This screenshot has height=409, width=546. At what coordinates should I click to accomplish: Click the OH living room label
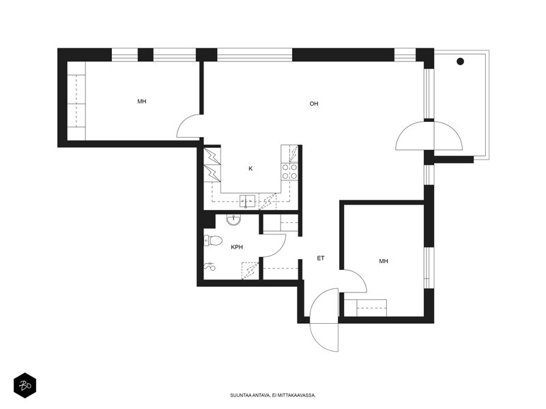tap(314, 104)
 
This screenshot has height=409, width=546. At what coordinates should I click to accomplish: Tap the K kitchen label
tap(250, 168)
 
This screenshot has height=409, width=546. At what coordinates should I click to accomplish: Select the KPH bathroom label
tap(237, 247)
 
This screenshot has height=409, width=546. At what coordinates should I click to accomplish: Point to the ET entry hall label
tap(321, 258)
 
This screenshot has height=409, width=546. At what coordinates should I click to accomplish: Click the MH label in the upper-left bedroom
tap(142, 102)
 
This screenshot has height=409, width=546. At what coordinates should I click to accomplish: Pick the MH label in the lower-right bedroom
tap(384, 261)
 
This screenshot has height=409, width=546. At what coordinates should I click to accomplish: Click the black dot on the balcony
tap(460, 61)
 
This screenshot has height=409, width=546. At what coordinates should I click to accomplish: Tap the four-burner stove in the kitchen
tap(289, 172)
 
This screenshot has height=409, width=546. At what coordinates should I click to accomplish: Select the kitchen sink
tap(247, 201)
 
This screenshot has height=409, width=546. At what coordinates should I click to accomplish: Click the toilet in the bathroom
tap(213, 241)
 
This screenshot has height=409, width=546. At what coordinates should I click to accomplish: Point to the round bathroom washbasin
tap(233, 219)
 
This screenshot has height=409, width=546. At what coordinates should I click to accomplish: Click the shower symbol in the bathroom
tap(210, 267)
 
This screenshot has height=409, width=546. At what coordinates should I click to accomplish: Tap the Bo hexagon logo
tap(25, 385)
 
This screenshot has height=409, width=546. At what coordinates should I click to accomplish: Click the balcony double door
tap(429, 136)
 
